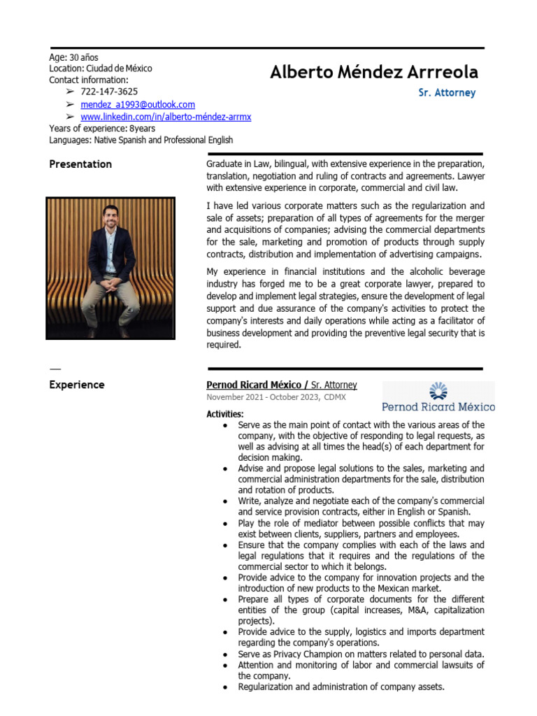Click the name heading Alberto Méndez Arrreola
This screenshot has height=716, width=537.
point(374,72)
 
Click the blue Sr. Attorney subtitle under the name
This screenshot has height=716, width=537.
point(447,92)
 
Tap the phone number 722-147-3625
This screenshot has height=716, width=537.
point(109,92)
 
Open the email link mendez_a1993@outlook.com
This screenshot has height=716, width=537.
point(138,104)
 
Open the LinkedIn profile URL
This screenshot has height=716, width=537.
point(166,117)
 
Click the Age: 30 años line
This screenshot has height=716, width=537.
point(73,57)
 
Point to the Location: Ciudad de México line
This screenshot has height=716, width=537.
point(100,69)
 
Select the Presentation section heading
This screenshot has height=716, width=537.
point(80,164)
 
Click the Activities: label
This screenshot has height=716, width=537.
point(225,414)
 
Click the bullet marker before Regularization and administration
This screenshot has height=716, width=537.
point(224,687)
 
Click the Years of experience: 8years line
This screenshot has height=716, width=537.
point(102,129)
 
